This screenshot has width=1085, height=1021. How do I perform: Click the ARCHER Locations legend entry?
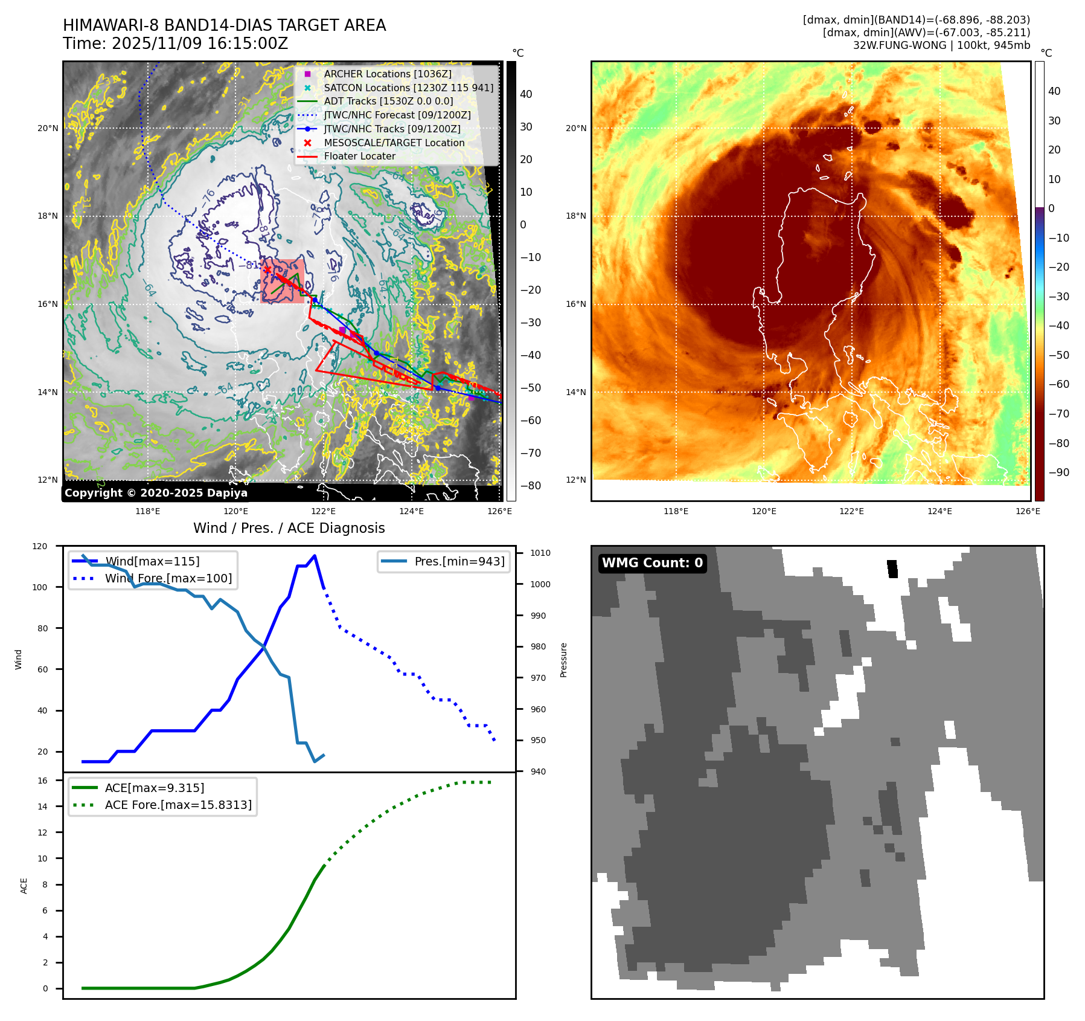pos(387,74)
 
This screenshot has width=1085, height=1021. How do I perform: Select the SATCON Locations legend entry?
pos(408,88)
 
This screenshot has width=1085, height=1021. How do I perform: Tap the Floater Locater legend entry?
pos(359,156)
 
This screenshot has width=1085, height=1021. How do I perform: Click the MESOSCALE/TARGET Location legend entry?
pos(394,143)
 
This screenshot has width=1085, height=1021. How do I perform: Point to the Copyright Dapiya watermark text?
pos(156,493)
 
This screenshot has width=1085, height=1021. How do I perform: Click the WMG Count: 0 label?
pos(652,563)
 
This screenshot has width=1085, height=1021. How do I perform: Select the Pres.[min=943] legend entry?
pos(459,561)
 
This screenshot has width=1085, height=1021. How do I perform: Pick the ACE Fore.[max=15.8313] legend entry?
pos(178,805)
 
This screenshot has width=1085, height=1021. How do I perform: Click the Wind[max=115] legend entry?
pos(152,561)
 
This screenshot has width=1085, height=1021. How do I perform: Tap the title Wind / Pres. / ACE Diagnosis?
pos(289,528)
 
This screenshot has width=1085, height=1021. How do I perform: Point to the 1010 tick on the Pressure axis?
pos(540,553)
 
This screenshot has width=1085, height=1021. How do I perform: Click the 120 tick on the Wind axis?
pos(40,546)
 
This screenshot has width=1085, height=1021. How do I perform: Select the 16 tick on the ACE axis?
pos(42,781)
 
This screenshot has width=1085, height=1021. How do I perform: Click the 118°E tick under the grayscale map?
pos(148,511)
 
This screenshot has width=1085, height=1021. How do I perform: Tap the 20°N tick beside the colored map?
pos(576,128)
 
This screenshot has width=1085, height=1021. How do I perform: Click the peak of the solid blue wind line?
pos(315,556)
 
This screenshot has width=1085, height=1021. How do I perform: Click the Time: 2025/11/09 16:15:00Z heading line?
pos(175,43)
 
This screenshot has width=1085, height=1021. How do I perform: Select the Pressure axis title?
pos(563,660)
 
